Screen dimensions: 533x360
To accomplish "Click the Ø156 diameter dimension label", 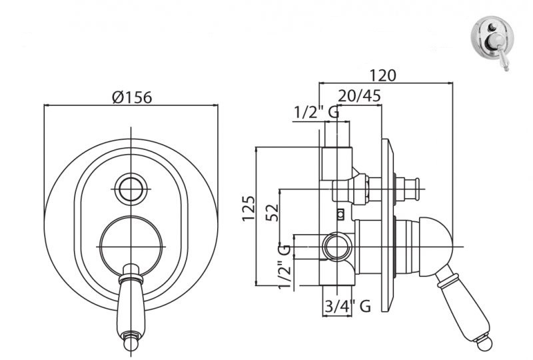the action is click(x=132, y=97).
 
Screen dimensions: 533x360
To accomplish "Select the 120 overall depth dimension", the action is click(x=382, y=75).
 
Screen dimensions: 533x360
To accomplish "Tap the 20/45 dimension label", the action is click(x=359, y=96).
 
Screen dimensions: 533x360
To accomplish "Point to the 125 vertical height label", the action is click(x=249, y=208).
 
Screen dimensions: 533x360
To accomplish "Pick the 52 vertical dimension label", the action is click(x=272, y=212).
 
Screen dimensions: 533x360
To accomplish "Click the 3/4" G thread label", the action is click(x=347, y=306).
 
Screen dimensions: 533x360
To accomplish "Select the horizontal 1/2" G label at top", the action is click(x=316, y=112).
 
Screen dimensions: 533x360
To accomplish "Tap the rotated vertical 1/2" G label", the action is click(x=285, y=267).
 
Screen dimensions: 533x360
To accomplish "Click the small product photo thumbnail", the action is click(x=492, y=43).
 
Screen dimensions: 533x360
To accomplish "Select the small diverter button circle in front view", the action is click(x=131, y=189).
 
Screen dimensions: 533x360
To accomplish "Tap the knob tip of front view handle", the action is click(x=131, y=343).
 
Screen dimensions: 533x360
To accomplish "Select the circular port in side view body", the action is click(x=336, y=246).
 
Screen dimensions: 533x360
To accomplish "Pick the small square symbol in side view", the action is click(x=340, y=214).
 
